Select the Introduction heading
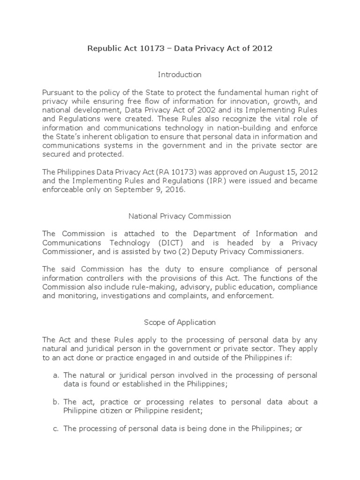(x=180, y=75)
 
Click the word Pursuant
(x=57, y=91)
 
